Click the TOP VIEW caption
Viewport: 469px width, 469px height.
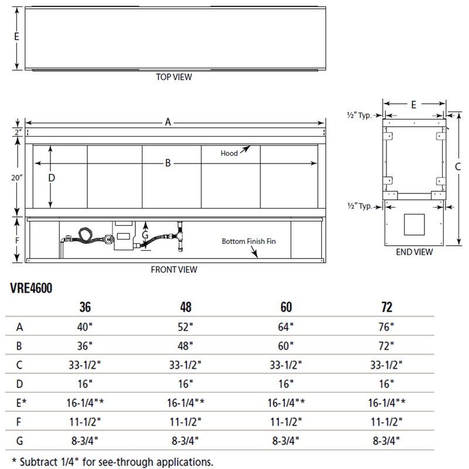click(174, 77)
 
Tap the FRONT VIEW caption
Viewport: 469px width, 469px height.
click(174, 270)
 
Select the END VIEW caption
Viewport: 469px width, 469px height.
click(414, 252)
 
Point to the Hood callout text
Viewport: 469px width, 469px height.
click(229, 154)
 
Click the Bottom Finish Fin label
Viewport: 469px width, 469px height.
click(249, 242)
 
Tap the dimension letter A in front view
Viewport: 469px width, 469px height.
click(168, 122)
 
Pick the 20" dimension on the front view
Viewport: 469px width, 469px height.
click(18, 176)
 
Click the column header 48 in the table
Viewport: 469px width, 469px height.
click(185, 307)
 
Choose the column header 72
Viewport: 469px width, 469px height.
click(386, 307)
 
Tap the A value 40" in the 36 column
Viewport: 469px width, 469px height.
click(86, 327)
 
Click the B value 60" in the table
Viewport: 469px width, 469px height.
click(286, 345)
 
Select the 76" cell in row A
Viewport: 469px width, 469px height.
click(386, 327)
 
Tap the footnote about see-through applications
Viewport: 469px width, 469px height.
click(112, 461)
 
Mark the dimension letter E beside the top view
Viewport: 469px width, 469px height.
click(17, 36)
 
